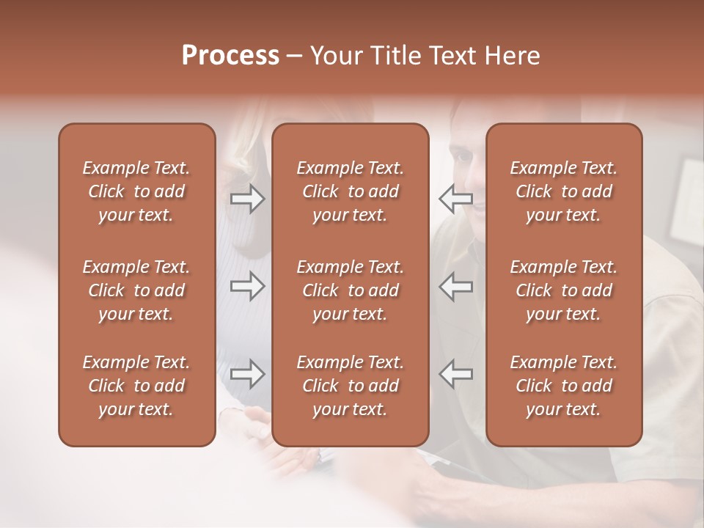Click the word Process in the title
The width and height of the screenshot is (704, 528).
click(230, 56)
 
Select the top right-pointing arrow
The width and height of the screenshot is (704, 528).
click(248, 199)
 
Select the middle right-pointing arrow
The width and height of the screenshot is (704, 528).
click(248, 286)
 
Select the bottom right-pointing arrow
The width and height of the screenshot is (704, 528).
click(248, 373)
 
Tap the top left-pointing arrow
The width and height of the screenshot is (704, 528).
click(456, 198)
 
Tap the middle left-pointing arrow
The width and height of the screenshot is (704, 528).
click(456, 286)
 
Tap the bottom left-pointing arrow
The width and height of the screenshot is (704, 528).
click(456, 373)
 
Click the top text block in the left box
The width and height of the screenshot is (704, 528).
click(136, 191)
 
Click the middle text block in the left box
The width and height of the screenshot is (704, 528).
click(136, 290)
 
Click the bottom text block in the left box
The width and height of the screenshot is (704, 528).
click(136, 386)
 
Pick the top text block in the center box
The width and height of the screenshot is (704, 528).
click(351, 191)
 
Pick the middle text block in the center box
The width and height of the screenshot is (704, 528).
click(351, 290)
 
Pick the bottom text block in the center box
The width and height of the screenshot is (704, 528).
click(351, 386)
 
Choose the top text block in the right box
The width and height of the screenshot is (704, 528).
click(564, 191)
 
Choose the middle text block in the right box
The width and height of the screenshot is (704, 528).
click(564, 290)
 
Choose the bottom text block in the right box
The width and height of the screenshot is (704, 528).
click(564, 386)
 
